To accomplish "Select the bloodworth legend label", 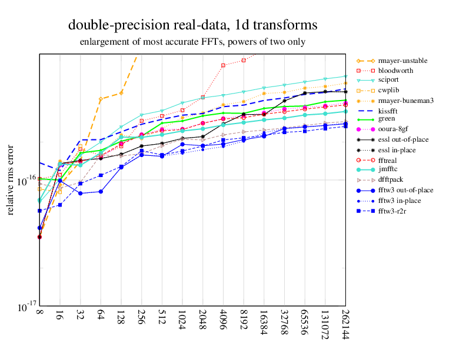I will click(395, 70).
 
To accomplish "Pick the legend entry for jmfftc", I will click(391, 169).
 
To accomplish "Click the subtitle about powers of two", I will click(192, 42).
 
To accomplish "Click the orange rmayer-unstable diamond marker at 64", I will click(101, 99).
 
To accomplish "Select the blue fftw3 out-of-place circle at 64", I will click(101, 191).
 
